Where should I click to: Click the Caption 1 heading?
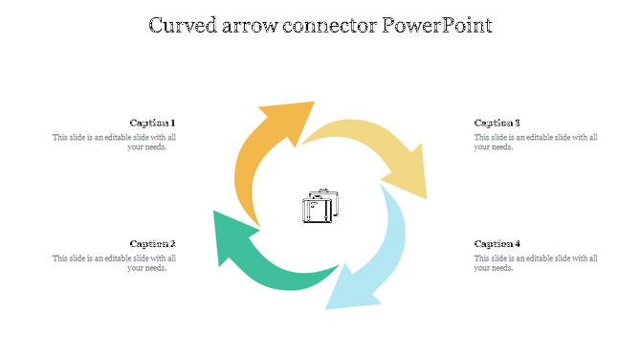[x=152, y=123]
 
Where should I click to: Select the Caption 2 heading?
[x=152, y=243]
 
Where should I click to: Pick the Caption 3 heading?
[x=497, y=123]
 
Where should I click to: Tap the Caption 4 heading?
[x=497, y=243]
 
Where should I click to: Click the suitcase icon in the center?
[x=320, y=206]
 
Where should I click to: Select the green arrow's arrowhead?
[x=232, y=236]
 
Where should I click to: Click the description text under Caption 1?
[x=115, y=142]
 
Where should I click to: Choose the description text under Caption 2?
[x=115, y=262]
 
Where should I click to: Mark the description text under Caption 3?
[x=536, y=142]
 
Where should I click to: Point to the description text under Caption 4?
[x=536, y=262]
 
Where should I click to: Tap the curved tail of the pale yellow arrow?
[x=335, y=132]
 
